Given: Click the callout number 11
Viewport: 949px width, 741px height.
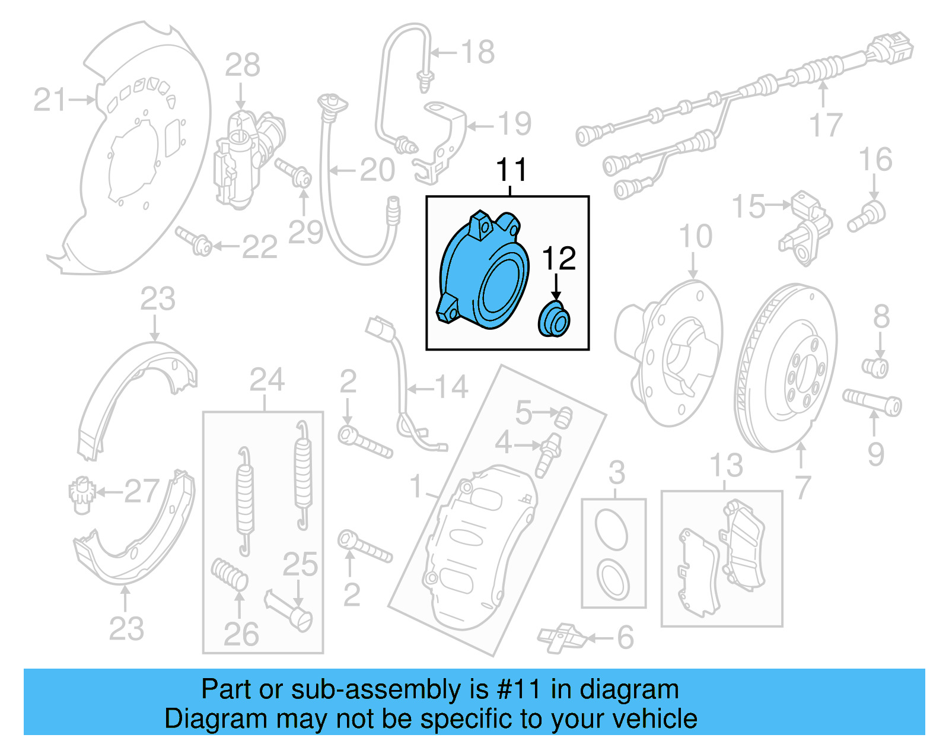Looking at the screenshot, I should click(x=511, y=170).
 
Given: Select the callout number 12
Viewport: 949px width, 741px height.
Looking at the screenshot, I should click(x=559, y=259).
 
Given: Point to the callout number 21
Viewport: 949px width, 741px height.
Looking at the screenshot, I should click(x=50, y=100).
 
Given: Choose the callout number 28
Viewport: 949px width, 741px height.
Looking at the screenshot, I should click(x=242, y=65).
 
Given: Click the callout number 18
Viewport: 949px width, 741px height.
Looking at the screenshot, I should click(x=477, y=52).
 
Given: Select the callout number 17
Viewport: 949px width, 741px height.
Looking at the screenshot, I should click(x=826, y=125).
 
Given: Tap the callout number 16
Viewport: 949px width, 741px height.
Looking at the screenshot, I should click(x=875, y=160).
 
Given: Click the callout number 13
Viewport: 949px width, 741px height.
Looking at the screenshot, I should click(x=726, y=466).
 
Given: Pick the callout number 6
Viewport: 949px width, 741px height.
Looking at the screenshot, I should click(x=625, y=638).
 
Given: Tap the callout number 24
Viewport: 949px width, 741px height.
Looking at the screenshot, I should click(x=267, y=380).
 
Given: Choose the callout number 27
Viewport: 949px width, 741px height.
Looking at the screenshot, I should click(x=141, y=491).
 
